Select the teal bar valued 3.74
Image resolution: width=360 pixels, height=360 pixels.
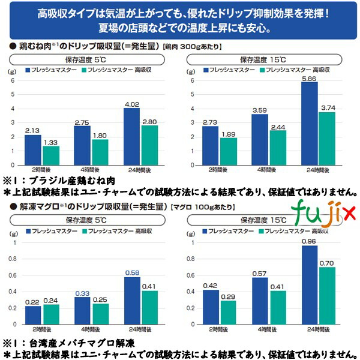pos(327,139)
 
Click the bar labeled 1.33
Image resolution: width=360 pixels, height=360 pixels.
pos(51,155)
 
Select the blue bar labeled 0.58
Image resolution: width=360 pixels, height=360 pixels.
pos(131,302)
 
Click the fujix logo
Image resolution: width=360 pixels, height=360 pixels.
pos(325,211)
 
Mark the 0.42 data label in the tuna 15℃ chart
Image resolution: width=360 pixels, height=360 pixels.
pos(209,285)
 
